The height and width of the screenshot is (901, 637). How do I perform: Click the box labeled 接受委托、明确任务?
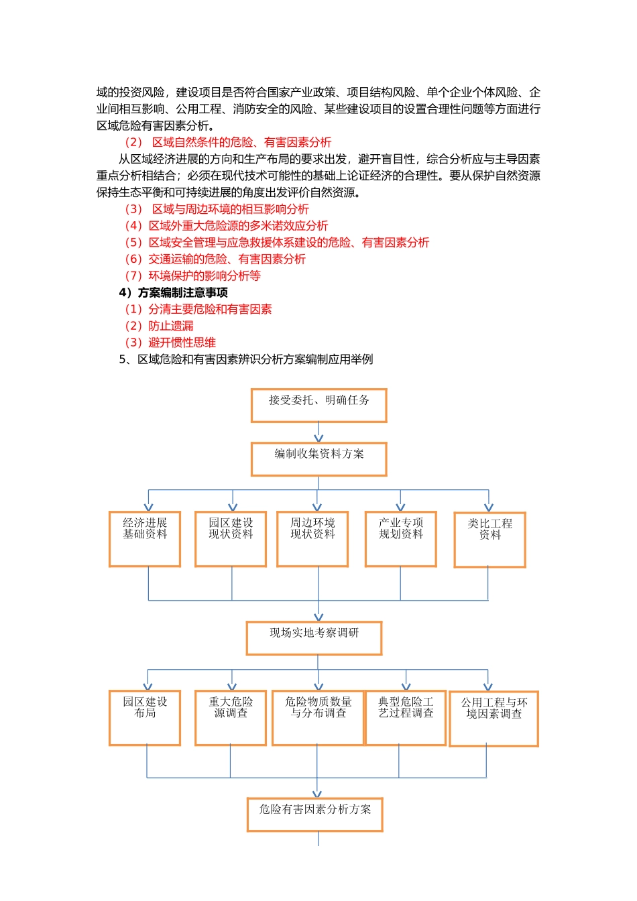point(318,406)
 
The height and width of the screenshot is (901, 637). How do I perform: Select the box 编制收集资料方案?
point(318,459)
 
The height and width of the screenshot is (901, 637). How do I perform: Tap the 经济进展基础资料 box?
point(145,539)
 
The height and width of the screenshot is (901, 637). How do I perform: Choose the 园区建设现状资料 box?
point(231,539)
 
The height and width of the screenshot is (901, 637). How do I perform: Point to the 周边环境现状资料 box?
point(312,539)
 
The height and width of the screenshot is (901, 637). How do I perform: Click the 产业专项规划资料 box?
point(401,539)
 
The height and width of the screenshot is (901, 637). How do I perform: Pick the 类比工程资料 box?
point(489,540)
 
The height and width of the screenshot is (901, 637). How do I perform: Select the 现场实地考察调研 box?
point(314,638)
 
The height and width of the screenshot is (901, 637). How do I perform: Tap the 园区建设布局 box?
point(145,718)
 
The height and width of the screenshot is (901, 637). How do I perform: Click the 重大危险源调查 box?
point(231,718)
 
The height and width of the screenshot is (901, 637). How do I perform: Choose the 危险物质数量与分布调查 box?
point(318,718)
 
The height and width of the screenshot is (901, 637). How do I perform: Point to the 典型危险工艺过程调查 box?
point(406,718)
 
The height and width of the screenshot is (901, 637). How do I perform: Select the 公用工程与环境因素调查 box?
point(494,719)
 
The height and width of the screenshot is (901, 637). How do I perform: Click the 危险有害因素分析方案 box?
point(314,815)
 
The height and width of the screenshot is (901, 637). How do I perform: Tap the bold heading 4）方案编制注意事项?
point(173,292)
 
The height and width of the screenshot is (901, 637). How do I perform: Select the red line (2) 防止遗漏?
point(159,326)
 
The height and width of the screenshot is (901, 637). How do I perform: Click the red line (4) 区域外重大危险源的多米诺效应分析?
point(226,226)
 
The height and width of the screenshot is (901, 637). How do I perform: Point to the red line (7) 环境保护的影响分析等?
point(192,276)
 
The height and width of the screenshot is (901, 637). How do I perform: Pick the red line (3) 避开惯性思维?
point(170,343)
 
